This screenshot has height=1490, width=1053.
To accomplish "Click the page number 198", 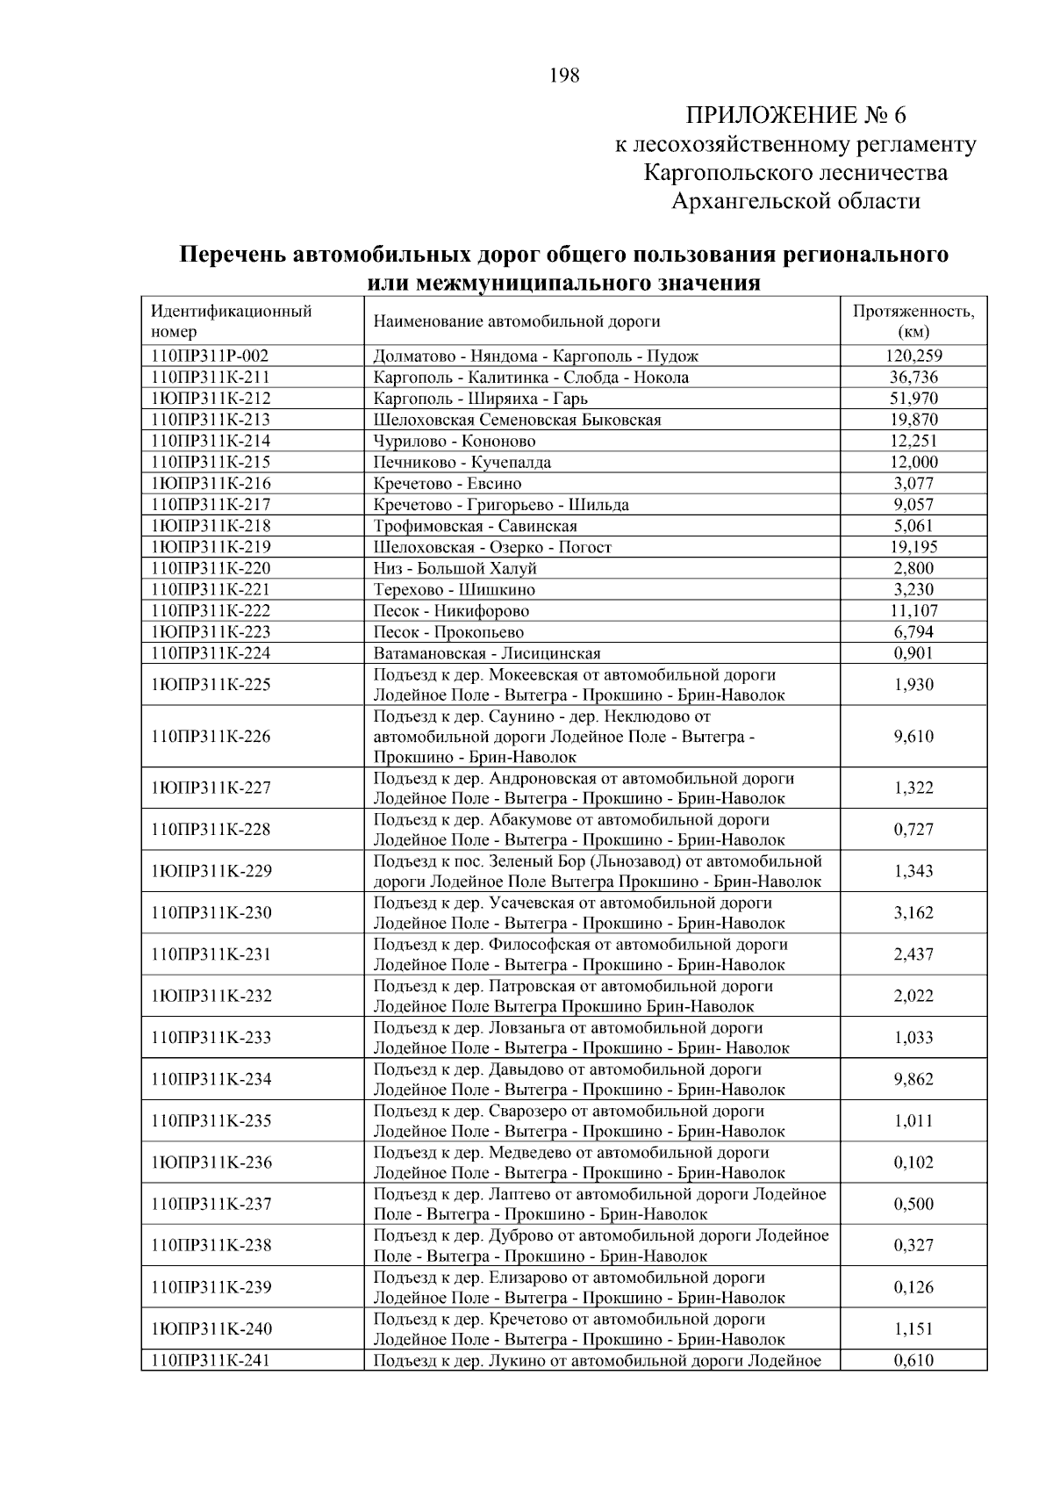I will point(564,76).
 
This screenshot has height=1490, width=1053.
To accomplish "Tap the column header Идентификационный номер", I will point(232,321).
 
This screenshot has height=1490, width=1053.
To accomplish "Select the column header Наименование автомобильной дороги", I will point(517,322).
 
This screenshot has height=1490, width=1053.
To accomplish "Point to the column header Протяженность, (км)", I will point(913,321).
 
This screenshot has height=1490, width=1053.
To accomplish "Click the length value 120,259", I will point(913,356).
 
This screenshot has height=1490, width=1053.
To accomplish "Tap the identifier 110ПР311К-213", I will point(211,420).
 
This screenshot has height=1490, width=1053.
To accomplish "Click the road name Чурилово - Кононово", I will point(455,441).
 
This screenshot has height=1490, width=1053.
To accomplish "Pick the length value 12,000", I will point(913,462).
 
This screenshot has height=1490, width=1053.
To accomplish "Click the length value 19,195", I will point(913,547).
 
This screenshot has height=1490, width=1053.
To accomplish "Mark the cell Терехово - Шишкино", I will point(455,589).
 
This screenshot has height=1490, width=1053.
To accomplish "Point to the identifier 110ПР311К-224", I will point(211,653).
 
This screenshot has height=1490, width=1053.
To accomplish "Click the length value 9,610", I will point(913,737).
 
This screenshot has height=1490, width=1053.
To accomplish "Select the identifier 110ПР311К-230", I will point(211,913).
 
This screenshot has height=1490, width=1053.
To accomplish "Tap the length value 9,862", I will point(913,1080).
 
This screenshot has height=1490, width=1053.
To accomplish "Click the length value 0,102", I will point(913,1162).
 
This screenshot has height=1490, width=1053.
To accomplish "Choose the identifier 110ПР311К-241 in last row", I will point(211,1361).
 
